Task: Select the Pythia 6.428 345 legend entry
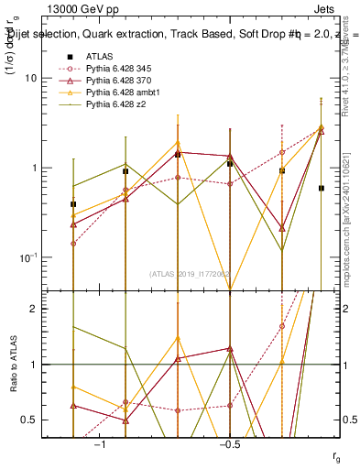click(118, 69)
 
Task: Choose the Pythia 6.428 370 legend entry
click(118, 82)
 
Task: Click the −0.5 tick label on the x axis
click(228, 444)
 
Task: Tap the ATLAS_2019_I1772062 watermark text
click(191, 273)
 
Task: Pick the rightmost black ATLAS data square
click(321, 188)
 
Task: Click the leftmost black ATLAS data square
click(73, 204)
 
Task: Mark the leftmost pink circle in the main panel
click(73, 244)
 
